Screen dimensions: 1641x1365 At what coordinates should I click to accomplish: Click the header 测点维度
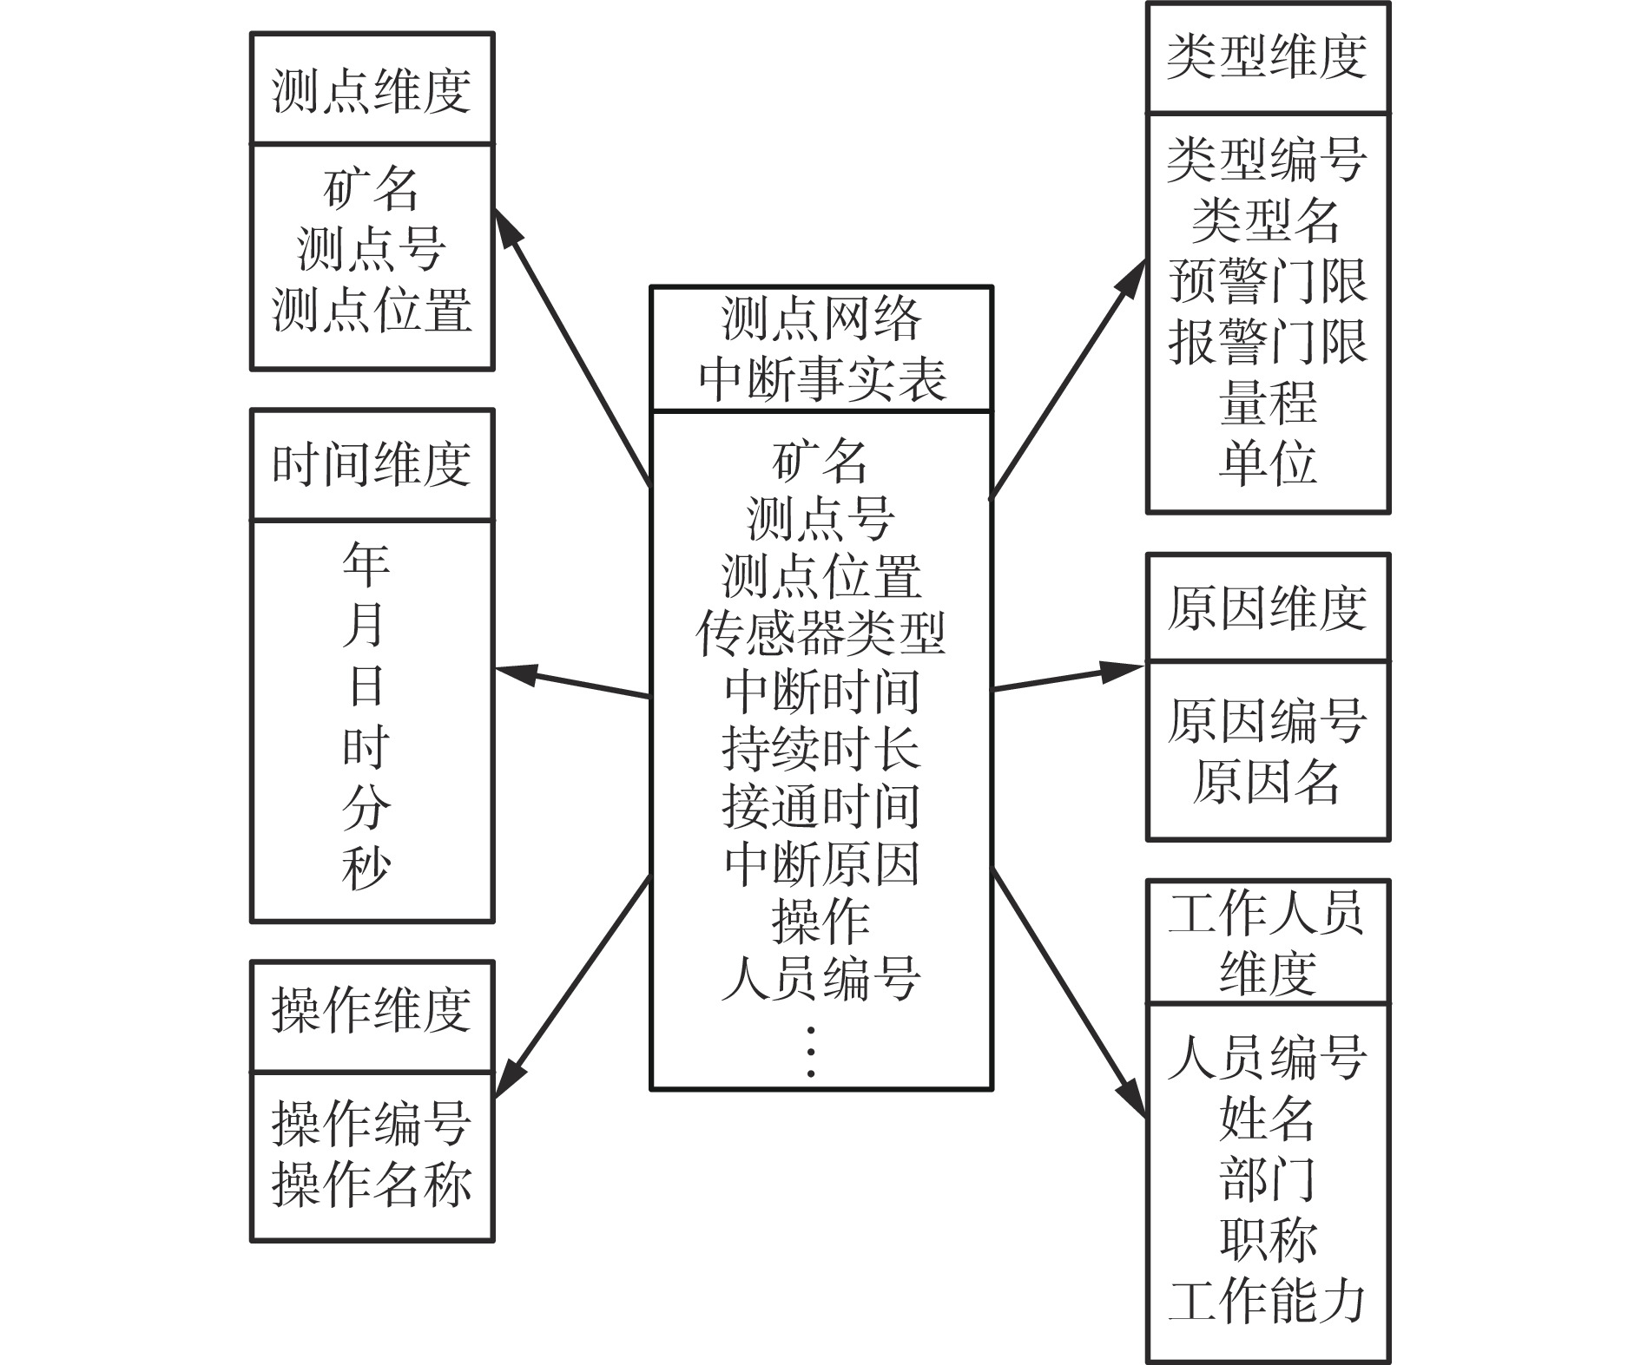(x=372, y=90)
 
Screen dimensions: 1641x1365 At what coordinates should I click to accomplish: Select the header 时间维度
(x=372, y=464)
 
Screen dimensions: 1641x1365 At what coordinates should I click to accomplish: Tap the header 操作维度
(x=372, y=1010)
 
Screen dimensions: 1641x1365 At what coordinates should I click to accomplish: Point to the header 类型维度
(x=1267, y=57)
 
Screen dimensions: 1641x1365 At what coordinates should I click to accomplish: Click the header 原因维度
(x=1267, y=607)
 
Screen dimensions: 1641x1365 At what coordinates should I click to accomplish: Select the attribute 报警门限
(x=1267, y=341)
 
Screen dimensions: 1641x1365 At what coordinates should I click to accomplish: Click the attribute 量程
(x=1268, y=403)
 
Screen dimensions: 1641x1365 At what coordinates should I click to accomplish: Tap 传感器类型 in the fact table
(x=820, y=633)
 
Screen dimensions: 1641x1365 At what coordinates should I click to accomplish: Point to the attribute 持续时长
(x=820, y=749)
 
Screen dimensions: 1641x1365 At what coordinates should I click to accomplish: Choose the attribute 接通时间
(x=820, y=806)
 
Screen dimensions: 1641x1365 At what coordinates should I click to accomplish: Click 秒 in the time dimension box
(x=366, y=868)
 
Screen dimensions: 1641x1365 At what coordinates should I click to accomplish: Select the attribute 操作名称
(x=372, y=1185)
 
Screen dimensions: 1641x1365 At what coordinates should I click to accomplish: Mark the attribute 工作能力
(x=1267, y=1302)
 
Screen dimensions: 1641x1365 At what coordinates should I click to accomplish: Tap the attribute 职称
(x=1268, y=1240)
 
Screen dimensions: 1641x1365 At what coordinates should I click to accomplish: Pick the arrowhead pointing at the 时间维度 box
(x=514, y=673)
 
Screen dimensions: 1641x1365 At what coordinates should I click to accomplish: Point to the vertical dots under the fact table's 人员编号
(x=811, y=1052)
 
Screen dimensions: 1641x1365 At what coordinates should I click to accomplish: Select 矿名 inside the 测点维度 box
(x=372, y=188)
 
